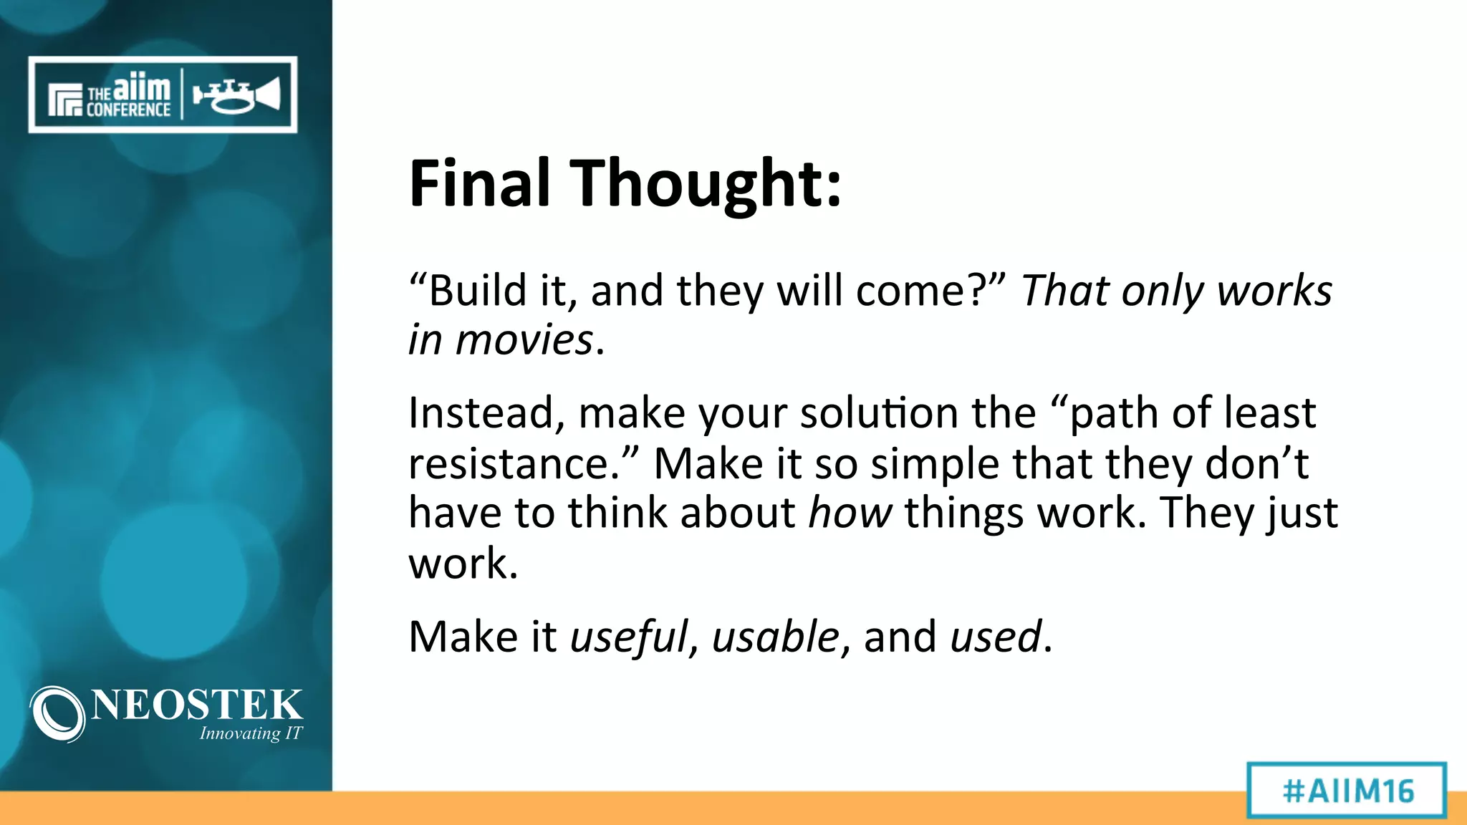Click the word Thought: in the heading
click(x=706, y=185)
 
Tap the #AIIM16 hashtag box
click(x=1347, y=791)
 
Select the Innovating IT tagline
click(x=251, y=733)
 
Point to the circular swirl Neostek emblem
click(x=57, y=713)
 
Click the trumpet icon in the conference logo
click(x=236, y=95)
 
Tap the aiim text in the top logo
click(x=142, y=88)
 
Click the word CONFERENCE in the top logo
click(x=128, y=110)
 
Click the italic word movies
click(x=524, y=339)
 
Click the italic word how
click(x=850, y=513)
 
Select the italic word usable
click(x=775, y=637)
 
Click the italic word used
click(x=995, y=637)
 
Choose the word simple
click(x=935, y=463)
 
